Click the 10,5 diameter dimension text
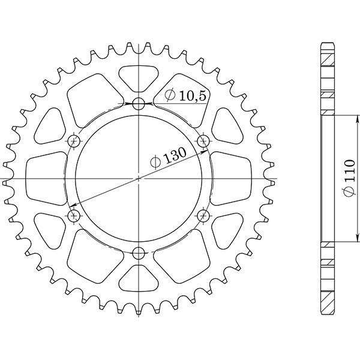point(187,95)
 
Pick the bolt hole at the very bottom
point(139,252)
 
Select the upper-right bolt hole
point(203,142)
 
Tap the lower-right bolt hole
point(203,215)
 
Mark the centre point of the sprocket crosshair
point(139,178)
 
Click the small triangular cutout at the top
point(139,76)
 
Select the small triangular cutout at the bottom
point(139,279)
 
